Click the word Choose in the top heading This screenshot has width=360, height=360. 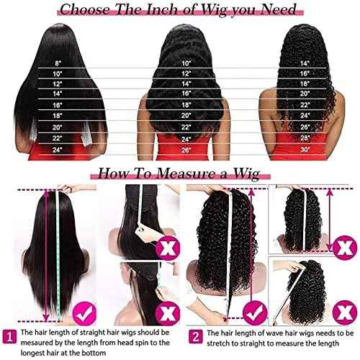pos(86,9)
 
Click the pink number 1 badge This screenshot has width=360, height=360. pos(9,334)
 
